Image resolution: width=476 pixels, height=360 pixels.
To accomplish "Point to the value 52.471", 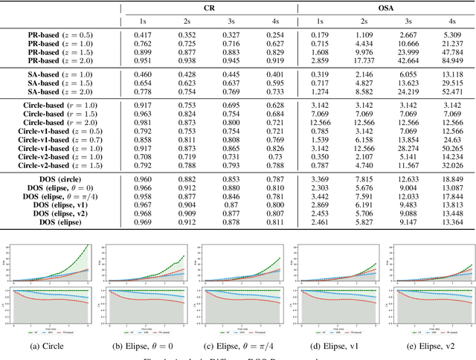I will coord(453,92).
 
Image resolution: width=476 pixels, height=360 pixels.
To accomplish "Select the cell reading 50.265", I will coord(453,149).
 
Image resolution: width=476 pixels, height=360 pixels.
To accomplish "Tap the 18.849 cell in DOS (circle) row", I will coord(453,179).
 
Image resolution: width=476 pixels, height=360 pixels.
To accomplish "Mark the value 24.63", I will coord(453,140).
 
